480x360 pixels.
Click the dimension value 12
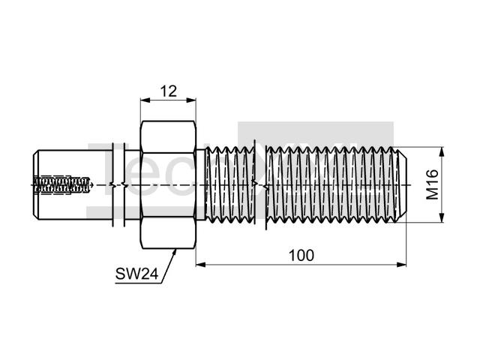168,91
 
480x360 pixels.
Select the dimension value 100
301,255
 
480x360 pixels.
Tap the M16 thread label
433,184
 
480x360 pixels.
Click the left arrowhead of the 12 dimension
144,100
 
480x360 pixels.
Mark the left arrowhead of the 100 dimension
199,263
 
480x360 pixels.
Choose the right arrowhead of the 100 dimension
403,263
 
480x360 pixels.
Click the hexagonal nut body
168,184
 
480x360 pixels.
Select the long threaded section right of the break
330,184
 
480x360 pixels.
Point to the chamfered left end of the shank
36,184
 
